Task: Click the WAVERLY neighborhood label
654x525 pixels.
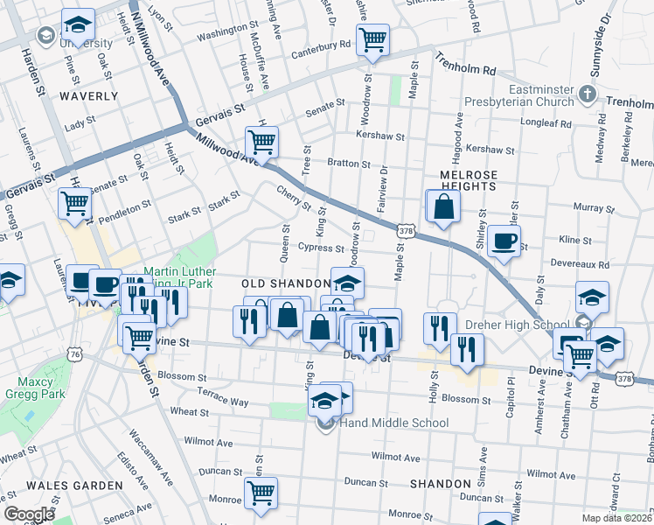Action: (88, 95)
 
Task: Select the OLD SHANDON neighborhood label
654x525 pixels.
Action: (285, 284)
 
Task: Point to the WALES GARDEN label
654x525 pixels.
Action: (74, 485)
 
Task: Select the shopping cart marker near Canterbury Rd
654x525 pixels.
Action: (373, 39)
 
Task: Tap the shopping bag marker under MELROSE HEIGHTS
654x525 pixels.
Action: (443, 206)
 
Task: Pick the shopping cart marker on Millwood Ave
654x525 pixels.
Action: (261, 140)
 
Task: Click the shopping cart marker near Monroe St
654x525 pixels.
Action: (261, 493)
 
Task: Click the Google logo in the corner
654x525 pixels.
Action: (28, 514)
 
